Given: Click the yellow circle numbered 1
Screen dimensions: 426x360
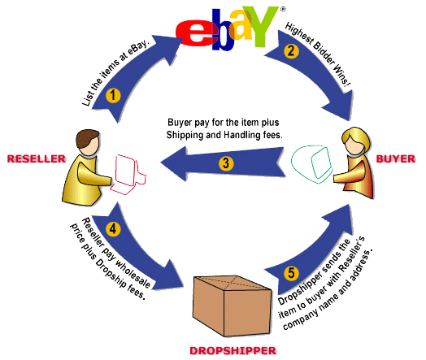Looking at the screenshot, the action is coord(113,96).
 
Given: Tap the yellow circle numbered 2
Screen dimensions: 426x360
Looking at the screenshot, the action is coord(291,50).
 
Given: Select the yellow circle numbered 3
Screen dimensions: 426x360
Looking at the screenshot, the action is coord(226,163).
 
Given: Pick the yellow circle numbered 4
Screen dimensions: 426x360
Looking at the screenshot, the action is coord(113,229).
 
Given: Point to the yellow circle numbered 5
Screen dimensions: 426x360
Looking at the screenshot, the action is coord(291,272).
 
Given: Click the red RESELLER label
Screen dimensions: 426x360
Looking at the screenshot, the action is coord(37,158).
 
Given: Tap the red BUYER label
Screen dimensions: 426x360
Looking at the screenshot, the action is coord(396,158).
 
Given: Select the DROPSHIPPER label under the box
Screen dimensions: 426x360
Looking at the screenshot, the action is coord(233,351).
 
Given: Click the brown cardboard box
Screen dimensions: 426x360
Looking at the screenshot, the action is coord(232,306).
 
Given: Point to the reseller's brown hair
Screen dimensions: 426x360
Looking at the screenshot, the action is coord(87,137).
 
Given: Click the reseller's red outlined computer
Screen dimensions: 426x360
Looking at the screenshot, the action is coord(127,174).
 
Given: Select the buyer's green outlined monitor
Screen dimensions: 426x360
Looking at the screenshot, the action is coord(312,164).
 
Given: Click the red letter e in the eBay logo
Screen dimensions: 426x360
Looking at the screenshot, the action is coord(195,33).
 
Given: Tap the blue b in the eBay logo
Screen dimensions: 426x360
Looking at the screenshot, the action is coord(224,30).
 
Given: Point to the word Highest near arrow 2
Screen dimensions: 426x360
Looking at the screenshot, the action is coord(299,33).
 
